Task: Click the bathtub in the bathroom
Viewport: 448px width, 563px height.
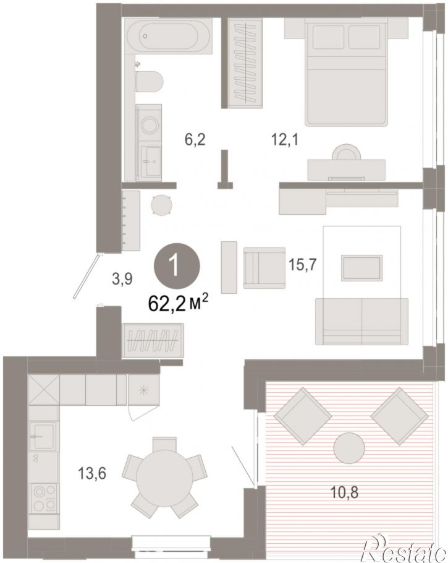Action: click(168, 36)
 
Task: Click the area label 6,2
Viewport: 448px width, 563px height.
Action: click(195, 139)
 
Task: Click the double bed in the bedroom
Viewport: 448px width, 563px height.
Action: click(347, 72)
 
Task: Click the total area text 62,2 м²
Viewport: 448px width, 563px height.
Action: click(178, 304)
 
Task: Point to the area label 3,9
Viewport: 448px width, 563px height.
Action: click(122, 278)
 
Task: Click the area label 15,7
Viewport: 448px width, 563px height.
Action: click(302, 265)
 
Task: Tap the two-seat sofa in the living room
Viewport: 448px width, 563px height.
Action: click(361, 321)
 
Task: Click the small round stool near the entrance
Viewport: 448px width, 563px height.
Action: click(161, 205)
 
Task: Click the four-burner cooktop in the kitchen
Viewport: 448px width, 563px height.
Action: click(44, 497)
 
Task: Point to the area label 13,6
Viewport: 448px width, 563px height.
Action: click(92, 475)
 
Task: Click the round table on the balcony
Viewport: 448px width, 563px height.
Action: click(349, 448)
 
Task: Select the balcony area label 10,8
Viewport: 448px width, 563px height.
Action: click(344, 492)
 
